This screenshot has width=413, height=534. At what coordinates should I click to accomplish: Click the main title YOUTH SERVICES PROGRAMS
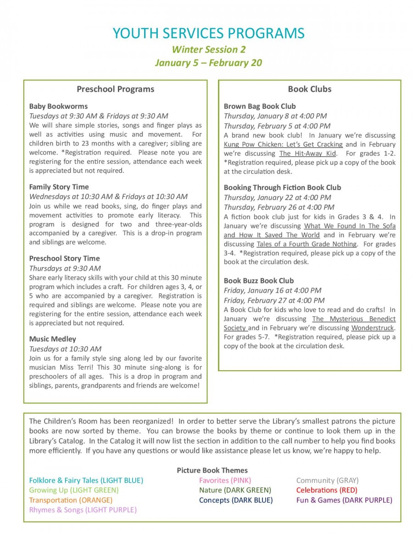point(208,33)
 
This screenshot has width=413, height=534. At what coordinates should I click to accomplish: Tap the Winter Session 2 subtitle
point(208,49)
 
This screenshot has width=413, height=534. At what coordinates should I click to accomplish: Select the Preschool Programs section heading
point(115,89)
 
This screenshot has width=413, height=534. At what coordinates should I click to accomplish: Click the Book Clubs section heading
point(309,89)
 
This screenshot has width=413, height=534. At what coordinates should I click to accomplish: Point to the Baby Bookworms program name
point(58,106)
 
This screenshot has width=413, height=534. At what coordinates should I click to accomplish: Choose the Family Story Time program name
point(59,187)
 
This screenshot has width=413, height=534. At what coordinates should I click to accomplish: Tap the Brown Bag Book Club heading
point(260,106)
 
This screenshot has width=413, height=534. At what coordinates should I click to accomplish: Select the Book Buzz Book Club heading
point(259,280)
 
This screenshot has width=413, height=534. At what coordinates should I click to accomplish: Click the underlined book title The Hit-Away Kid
point(307,153)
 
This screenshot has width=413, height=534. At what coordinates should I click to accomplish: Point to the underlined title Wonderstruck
point(373,328)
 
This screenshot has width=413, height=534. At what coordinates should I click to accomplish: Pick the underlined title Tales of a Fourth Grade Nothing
point(307,244)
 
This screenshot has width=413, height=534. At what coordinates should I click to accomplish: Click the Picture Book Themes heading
point(212,470)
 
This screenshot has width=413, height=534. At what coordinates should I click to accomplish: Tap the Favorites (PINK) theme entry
point(225,480)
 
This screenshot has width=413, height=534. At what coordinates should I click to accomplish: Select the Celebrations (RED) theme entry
point(327,490)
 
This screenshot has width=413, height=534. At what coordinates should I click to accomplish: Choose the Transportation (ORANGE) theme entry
point(71,500)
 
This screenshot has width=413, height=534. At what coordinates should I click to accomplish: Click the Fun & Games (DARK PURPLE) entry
point(344,500)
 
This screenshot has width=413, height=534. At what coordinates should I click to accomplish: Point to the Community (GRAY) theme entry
point(327,480)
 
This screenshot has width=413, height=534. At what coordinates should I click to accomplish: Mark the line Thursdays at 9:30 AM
point(65,268)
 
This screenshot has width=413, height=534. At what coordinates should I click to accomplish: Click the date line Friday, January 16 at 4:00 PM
point(273,290)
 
